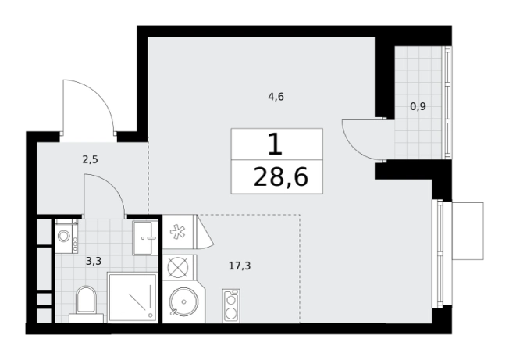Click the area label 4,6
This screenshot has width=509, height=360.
click(x=276, y=97)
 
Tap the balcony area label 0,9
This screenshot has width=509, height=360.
click(x=418, y=106)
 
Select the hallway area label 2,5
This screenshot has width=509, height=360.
click(x=91, y=160)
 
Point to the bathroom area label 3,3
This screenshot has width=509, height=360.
click(x=94, y=261)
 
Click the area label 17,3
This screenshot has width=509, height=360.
click(x=240, y=266)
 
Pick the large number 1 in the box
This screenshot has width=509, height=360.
click(x=276, y=144)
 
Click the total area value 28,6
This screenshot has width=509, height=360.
click(x=280, y=177)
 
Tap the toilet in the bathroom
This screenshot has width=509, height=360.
click(x=87, y=304)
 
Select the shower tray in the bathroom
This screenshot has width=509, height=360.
click(x=133, y=298)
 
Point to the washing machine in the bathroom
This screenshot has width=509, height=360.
click(x=66, y=236)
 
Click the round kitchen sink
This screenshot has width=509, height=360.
click(x=183, y=302)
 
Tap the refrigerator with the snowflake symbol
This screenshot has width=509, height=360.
click(x=179, y=232)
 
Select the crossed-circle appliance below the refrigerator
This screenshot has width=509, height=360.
click(x=178, y=267)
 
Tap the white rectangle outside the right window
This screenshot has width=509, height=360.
click(x=468, y=231)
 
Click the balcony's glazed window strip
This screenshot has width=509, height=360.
click(x=448, y=102)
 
